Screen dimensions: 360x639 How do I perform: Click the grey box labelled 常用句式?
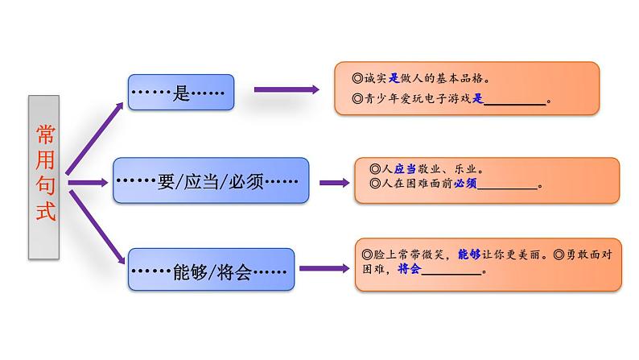(44, 177)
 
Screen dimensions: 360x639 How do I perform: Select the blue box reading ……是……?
(181, 93)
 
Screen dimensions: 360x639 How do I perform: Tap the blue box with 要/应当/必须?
(211, 181)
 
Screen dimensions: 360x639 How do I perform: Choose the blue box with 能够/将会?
(208, 270)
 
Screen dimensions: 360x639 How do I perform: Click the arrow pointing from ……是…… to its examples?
(286, 90)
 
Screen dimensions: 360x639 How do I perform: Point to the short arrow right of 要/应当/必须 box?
(332, 183)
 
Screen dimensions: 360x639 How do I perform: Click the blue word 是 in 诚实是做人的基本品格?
(394, 80)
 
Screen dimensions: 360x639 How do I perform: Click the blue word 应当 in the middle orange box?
(405, 168)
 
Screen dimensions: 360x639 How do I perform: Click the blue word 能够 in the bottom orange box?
(468, 254)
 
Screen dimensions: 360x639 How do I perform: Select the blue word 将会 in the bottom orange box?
(410, 271)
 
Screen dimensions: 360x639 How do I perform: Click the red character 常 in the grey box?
(44, 134)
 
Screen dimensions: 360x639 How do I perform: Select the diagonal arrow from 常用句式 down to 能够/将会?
(97, 226)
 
